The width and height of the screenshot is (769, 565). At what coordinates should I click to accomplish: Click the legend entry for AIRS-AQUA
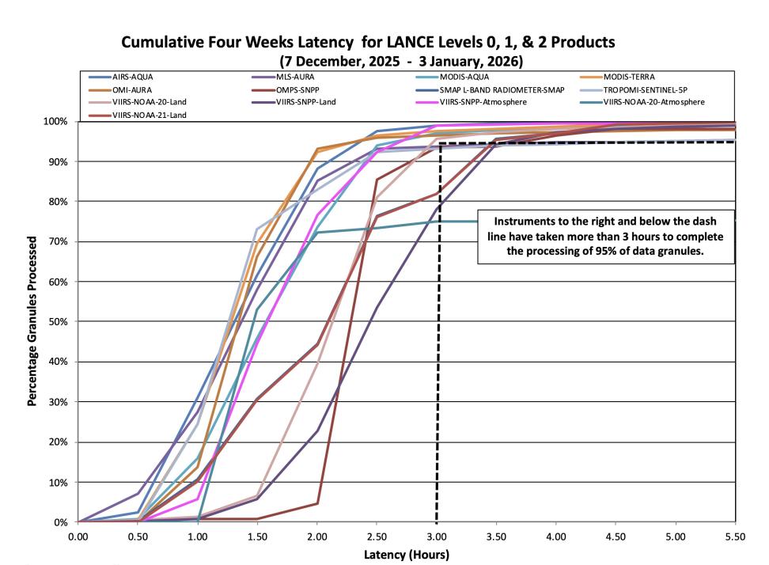click(x=121, y=77)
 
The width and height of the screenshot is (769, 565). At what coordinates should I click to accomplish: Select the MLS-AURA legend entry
click(x=283, y=77)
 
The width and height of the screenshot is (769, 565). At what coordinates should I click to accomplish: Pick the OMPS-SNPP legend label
click(x=286, y=90)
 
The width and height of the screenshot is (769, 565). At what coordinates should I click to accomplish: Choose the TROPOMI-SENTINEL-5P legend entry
click(x=633, y=90)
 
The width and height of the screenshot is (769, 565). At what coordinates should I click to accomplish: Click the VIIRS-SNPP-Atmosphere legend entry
click(x=472, y=102)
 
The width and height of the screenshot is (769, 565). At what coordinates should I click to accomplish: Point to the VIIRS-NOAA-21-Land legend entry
click(x=138, y=116)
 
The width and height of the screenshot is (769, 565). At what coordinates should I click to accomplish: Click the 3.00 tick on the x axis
click(x=437, y=537)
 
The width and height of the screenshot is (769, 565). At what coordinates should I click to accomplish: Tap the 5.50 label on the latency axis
click(x=735, y=537)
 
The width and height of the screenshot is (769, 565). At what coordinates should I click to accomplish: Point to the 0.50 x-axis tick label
click(x=138, y=537)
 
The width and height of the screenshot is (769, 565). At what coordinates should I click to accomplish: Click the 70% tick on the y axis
click(x=58, y=242)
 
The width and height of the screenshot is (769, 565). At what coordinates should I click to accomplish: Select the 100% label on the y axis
click(x=55, y=122)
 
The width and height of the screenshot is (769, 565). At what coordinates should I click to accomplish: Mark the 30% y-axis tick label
click(x=58, y=402)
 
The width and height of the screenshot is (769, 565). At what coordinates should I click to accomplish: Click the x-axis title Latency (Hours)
click(x=407, y=555)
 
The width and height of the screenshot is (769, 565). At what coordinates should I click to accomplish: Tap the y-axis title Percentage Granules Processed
click(x=32, y=321)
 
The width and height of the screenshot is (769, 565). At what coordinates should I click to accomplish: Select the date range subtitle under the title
click(x=401, y=61)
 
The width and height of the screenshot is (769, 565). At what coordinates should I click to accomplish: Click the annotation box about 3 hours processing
click(x=606, y=237)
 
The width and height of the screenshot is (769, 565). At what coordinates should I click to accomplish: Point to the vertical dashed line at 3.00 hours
click(x=438, y=332)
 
